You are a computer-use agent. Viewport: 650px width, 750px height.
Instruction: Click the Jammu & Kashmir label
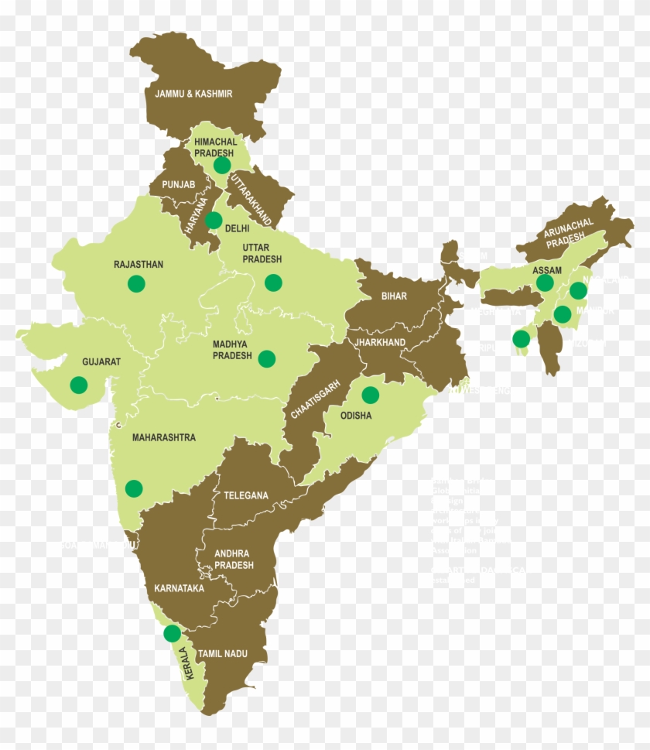coord(193,94)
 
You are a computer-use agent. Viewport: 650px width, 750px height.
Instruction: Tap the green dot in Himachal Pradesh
coord(222,165)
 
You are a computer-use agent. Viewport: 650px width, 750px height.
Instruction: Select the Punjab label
coord(179,184)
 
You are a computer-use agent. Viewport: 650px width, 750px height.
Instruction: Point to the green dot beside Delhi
coord(214,221)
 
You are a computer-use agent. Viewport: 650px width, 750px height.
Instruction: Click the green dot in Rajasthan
coord(136,283)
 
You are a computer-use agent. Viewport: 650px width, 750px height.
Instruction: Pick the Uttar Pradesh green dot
coord(272,283)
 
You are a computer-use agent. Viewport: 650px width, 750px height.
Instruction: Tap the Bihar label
coord(394,296)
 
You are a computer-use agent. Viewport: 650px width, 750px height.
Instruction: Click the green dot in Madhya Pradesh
coord(266,358)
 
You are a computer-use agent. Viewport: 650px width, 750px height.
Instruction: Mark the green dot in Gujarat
coord(78,384)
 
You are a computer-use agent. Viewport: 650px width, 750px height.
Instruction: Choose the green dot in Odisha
coord(370,395)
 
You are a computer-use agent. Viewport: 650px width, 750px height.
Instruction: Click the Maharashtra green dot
coord(134,488)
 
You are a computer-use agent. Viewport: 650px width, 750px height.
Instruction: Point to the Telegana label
coord(246,495)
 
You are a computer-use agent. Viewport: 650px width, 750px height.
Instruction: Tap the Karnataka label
coord(179,588)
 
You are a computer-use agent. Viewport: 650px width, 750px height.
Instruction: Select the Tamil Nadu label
coord(222,654)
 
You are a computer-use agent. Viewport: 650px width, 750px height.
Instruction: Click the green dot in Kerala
coord(172,634)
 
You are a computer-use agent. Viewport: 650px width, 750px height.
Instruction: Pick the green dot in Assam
coord(545,283)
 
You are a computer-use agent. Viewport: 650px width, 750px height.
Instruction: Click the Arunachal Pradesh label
coord(569,232)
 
